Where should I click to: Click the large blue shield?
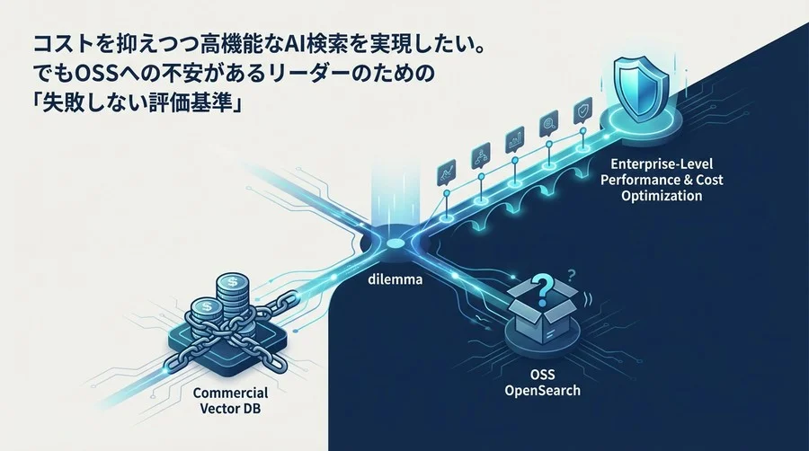pyautogui.click(x=641, y=89)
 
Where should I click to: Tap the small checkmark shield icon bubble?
pyautogui.click(x=583, y=111)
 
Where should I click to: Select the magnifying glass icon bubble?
pyautogui.click(x=548, y=125)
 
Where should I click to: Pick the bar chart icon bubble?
pyautogui.click(x=514, y=139)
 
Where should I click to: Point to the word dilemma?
pyautogui.click(x=396, y=280)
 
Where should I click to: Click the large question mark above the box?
pyautogui.click(x=542, y=288)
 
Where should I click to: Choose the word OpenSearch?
pyautogui.click(x=542, y=390)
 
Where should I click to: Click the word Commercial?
pyautogui.click(x=230, y=393)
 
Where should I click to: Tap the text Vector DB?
pyautogui.click(x=230, y=409)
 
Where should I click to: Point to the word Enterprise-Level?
pyautogui.click(x=662, y=164)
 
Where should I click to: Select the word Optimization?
pyautogui.click(x=662, y=196)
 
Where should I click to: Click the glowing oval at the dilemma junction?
pyautogui.click(x=396, y=243)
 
